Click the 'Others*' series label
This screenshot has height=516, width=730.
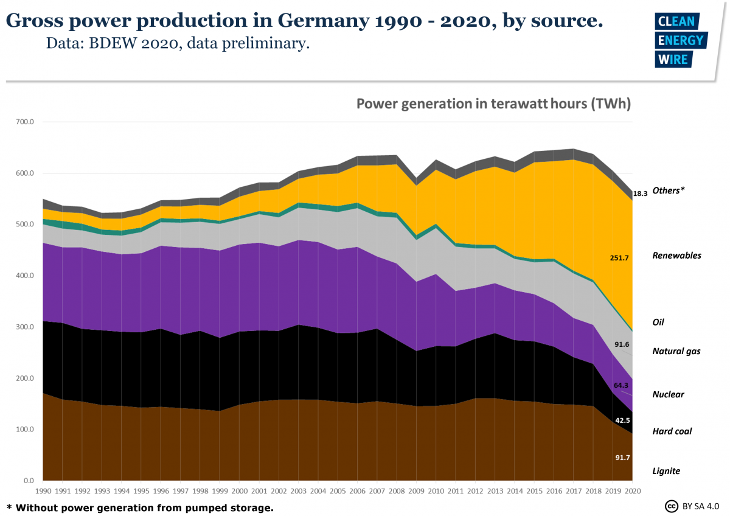[668, 190]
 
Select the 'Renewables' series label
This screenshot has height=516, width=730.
[676, 256]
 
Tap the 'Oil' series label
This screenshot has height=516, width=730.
[658, 322]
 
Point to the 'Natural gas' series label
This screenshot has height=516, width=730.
[676, 351]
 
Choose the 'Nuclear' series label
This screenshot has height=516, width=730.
[668, 394]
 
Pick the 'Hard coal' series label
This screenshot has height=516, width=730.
[672, 431]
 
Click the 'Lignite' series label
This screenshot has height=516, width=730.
[666, 471]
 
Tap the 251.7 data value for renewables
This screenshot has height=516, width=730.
[619, 258]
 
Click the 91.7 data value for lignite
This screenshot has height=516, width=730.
[622, 458]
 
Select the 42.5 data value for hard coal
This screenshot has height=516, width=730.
[622, 420]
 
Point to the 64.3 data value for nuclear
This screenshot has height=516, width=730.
[622, 386]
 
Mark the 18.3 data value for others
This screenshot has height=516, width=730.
[640, 194]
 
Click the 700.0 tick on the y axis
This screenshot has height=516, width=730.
[24, 122]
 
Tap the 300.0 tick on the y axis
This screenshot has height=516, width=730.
[24, 327]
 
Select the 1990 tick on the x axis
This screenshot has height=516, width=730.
[44, 490]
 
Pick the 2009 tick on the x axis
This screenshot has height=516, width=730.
[416, 490]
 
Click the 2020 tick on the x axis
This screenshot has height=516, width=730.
[633, 490]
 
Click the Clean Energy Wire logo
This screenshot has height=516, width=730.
[680, 41]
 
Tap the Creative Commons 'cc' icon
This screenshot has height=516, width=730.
[672, 506]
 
